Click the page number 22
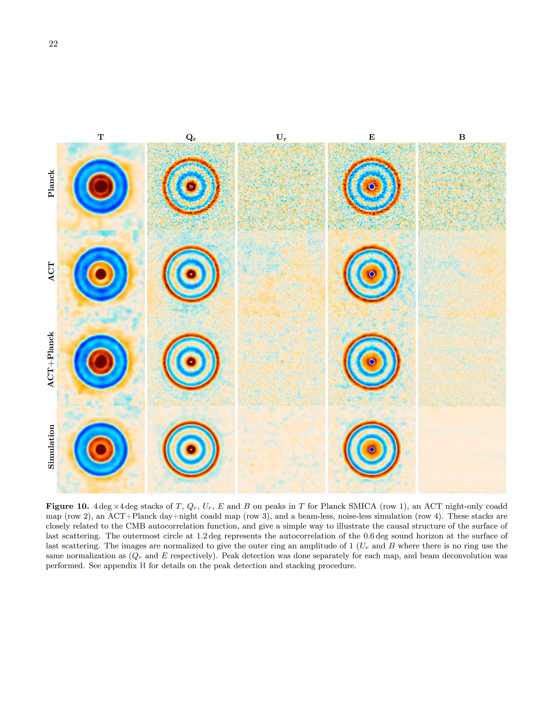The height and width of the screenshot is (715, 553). [x=53, y=44]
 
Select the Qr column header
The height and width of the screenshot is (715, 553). [x=191, y=137]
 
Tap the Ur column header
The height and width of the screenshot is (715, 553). [x=281, y=137]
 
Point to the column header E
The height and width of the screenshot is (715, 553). [x=372, y=137]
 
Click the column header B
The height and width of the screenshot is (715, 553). [x=462, y=137]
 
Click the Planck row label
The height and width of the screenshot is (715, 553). [x=51, y=184]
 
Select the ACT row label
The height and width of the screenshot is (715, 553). [x=51, y=271]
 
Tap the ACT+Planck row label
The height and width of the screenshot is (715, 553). [x=51, y=359]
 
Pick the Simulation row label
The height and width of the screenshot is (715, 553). [x=51, y=447]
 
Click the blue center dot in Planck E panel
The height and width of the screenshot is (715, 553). [x=372, y=186]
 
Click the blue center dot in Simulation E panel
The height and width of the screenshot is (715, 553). [x=372, y=450]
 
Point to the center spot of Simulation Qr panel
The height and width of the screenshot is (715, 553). [x=191, y=450]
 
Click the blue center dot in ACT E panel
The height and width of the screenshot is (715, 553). [x=372, y=274]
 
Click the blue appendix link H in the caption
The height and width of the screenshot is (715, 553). [x=143, y=566]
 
